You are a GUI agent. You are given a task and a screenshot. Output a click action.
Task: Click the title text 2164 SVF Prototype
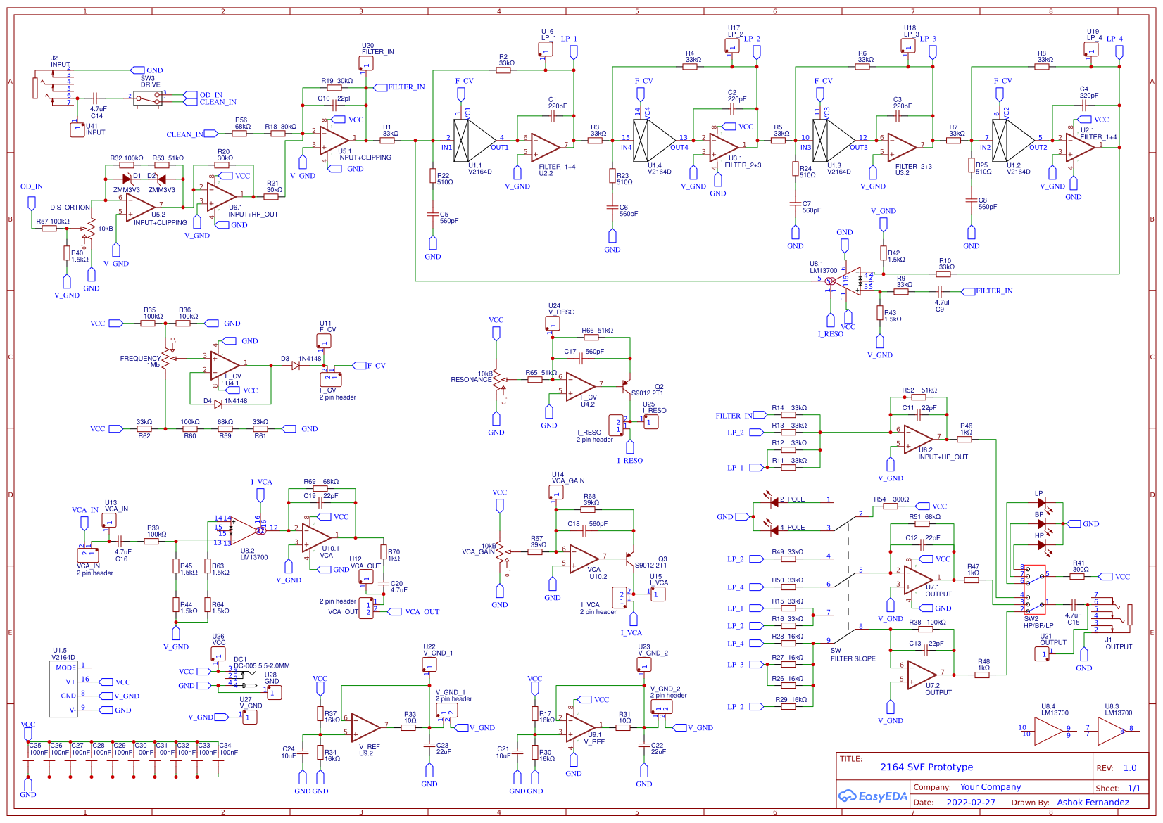coord(926,767)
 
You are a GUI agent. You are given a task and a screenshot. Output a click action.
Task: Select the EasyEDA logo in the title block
coord(872,796)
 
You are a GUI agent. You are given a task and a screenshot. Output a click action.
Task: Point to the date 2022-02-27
coord(971,803)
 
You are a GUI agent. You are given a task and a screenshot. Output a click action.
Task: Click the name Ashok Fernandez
coord(1093,803)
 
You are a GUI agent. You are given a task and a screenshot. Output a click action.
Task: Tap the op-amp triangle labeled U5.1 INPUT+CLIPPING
coord(333,141)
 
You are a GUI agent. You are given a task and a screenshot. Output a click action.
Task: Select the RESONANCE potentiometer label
coord(471,379)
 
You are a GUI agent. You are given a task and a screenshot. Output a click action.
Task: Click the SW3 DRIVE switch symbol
coord(148,98)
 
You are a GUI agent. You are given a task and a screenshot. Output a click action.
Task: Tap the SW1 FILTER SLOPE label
coord(853,655)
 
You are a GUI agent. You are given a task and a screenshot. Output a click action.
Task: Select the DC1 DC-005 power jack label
coord(261,663)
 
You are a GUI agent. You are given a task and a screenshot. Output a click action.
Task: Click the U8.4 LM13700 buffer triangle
coord(1048,732)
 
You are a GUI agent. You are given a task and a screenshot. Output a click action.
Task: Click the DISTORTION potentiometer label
coord(70,208)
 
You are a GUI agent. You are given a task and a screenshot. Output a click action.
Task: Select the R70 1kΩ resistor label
coord(394,555)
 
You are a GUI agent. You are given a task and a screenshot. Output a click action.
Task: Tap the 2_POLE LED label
coord(792,499)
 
